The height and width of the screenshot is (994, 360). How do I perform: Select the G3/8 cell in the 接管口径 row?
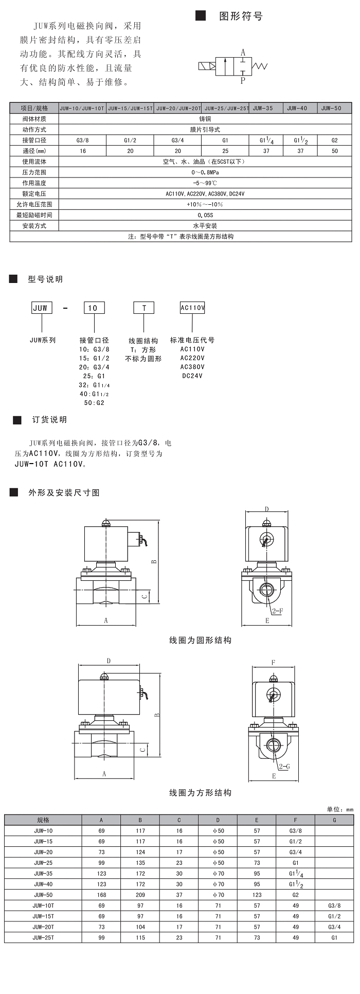coord(82,140)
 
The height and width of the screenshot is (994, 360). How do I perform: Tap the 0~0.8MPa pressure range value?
coord(205,172)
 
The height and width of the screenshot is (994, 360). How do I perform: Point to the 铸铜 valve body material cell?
coord(205,119)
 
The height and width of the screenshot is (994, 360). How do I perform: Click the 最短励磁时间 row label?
coord(34,215)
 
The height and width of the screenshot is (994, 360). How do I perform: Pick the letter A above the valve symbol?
coord(243,52)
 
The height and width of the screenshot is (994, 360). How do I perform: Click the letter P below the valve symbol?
coord(243,80)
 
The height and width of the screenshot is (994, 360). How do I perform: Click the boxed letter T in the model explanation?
coord(145,308)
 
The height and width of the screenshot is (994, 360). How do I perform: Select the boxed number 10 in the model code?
coord(94,308)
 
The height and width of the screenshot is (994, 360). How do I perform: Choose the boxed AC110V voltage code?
coord(192,308)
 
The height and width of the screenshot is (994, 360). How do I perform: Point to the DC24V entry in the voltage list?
coord(192,376)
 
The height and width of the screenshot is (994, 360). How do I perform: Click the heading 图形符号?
coord(241,16)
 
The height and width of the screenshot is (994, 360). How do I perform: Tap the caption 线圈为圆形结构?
coord(201,640)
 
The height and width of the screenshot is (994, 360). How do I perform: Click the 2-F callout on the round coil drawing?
coord(277,611)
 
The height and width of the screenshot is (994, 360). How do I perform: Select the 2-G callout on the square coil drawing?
coord(284,767)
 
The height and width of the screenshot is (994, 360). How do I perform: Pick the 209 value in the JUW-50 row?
coord(140,895)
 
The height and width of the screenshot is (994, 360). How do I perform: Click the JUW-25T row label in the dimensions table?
coord(43,937)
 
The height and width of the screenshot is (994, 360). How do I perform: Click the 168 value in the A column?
coord(101,895)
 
